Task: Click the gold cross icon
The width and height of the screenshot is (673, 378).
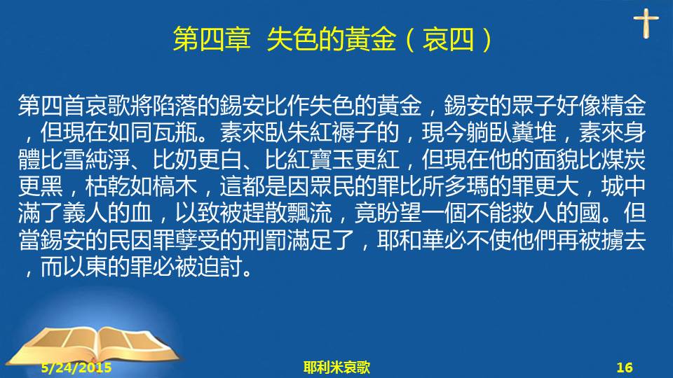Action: point(646,23)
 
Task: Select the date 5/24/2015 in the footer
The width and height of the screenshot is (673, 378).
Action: point(76,367)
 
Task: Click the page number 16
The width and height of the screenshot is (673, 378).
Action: point(625,367)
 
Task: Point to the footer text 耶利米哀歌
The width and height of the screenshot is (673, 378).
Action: point(336,367)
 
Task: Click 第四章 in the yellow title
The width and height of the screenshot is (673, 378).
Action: point(212,39)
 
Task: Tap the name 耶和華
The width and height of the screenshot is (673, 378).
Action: point(411,240)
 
